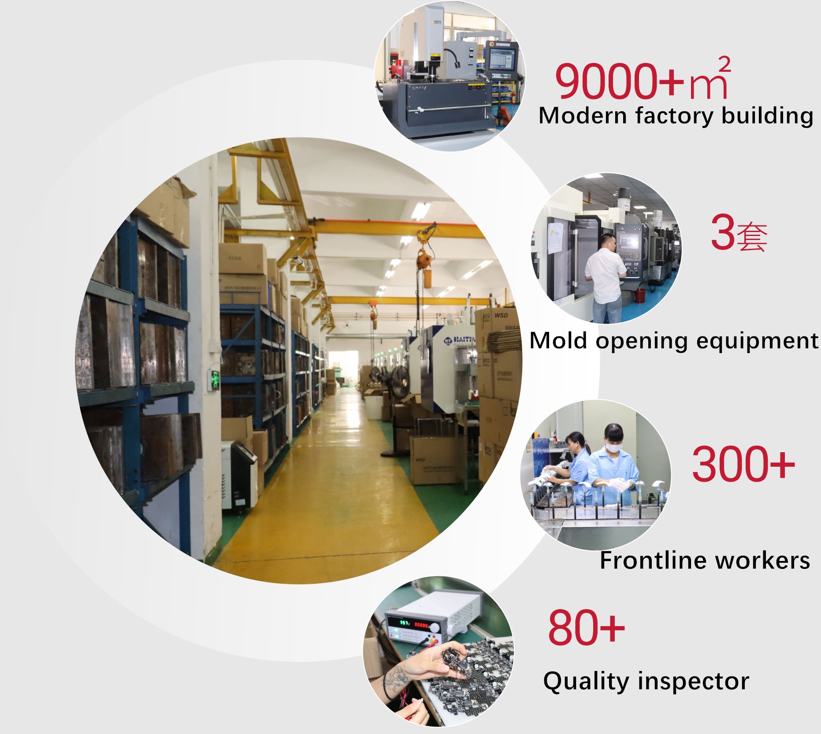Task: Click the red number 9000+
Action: pyautogui.click(x=619, y=81)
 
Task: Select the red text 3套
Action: pyautogui.click(x=739, y=232)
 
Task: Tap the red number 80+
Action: pyautogui.click(x=587, y=627)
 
